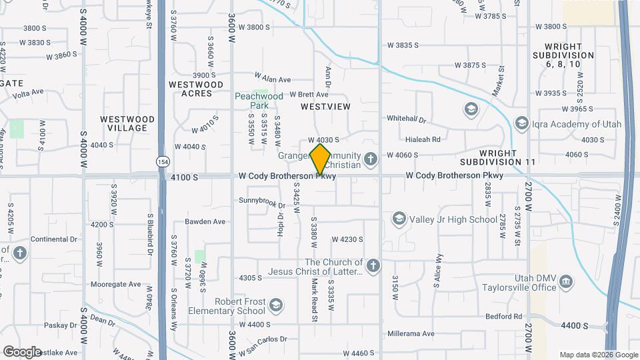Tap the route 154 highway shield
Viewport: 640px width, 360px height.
(162, 161)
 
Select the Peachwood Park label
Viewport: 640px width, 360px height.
(259, 101)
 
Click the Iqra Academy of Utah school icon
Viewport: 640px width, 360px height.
(522, 123)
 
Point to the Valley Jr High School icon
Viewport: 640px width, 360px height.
(399, 219)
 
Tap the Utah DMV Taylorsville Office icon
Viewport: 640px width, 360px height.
(566, 282)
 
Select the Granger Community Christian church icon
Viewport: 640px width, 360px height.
(371, 158)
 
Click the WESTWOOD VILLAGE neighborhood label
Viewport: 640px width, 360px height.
(127, 123)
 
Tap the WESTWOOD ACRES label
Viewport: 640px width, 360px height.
(196, 89)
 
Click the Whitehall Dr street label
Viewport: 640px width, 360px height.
(407, 119)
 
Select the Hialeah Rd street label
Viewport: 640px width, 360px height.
(423, 140)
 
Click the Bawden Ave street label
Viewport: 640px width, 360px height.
(205, 221)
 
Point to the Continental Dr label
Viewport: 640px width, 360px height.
(50, 239)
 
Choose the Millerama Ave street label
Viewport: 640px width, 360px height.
(411, 333)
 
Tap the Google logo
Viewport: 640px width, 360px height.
(22, 352)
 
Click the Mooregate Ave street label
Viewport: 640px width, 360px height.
(116, 284)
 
